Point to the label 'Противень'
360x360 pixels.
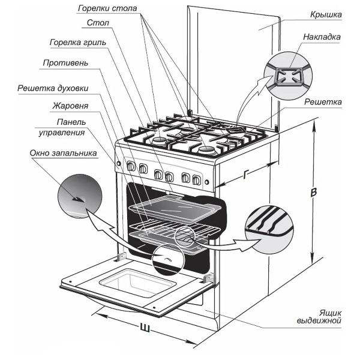[66, 62]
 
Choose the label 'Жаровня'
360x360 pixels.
[70, 106]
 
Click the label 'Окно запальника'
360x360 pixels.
[63, 153]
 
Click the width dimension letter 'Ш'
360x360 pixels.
[144, 328]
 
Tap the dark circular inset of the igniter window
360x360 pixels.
[77, 197]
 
